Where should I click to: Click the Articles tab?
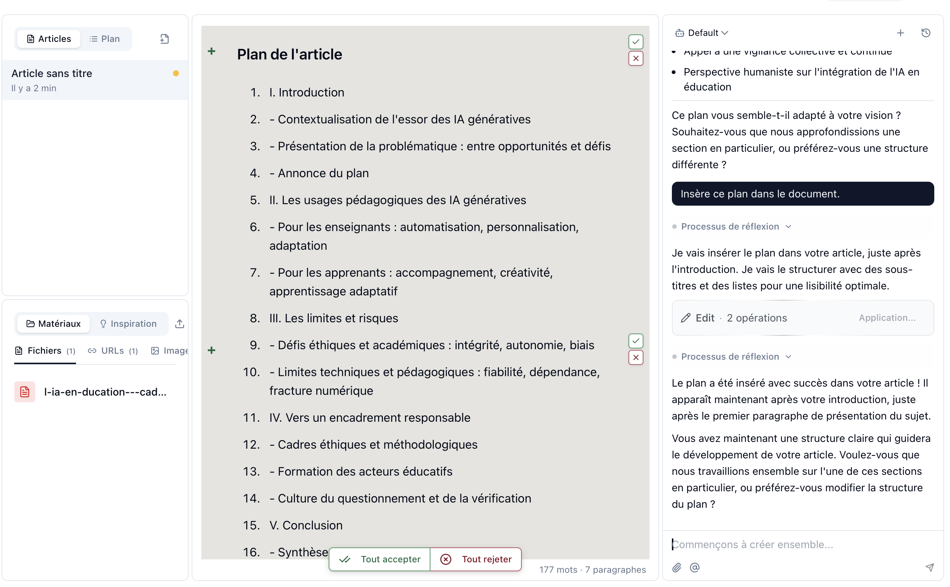point(49,39)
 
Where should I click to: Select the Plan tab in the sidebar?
point(105,39)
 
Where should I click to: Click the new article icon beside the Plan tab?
point(165,39)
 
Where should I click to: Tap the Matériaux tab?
point(54,324)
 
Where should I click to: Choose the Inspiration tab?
point(128,324)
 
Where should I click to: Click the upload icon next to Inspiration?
point(180,324)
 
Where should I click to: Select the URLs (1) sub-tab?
point(113,351)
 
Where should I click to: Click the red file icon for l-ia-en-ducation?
point(24,392)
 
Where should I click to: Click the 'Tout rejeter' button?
point(476,559)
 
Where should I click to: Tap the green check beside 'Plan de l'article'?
point(636,42)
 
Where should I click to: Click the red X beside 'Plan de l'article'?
point(636,59)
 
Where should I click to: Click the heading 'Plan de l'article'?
point(289,54)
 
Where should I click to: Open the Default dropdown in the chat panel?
point(702,33)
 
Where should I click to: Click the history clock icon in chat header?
point(926,33)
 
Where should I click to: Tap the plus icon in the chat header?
point(901,33)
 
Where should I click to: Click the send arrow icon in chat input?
point(930,568)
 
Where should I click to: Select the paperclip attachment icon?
point(677,568)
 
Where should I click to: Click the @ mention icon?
point(695,568)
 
